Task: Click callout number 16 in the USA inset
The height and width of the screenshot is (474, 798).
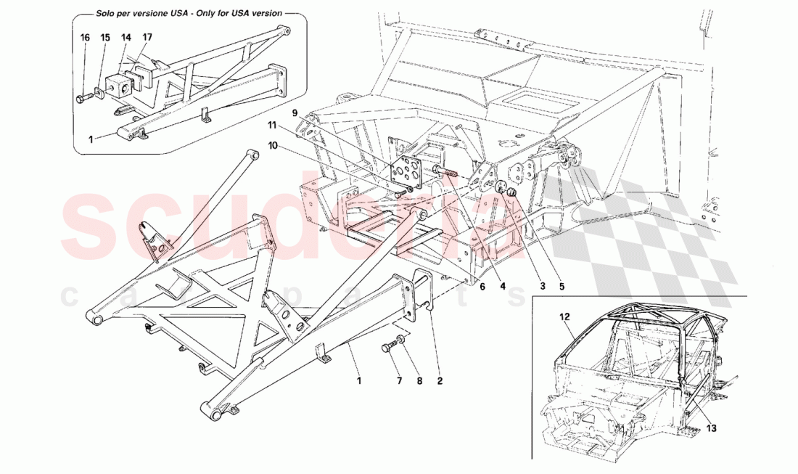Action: tap(85, 37)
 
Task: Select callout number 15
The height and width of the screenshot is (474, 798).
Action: tap(105, 37)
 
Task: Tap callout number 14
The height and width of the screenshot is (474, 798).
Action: tap(126, 37)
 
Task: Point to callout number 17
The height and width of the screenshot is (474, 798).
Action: tap(147, 37)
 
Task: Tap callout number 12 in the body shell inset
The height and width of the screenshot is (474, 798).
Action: tap(565, 316)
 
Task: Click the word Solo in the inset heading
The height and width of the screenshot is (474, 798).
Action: tap(107, 14)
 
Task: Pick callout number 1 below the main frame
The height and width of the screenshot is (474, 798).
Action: tap(358, 379)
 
